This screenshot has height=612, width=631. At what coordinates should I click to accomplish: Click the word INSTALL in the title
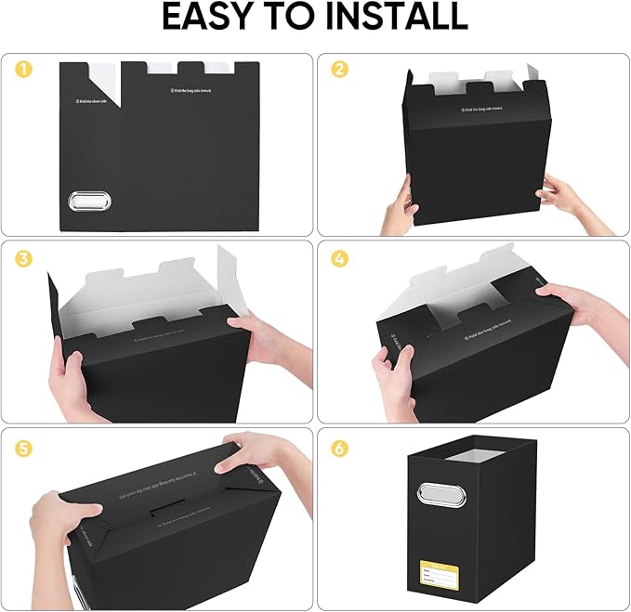pos(401,18)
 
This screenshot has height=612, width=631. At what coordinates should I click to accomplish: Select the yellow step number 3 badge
pos(21,259)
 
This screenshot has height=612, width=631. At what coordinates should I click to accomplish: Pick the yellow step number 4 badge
pos(340,259)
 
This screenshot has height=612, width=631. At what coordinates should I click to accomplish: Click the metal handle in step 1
pos(89,202)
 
